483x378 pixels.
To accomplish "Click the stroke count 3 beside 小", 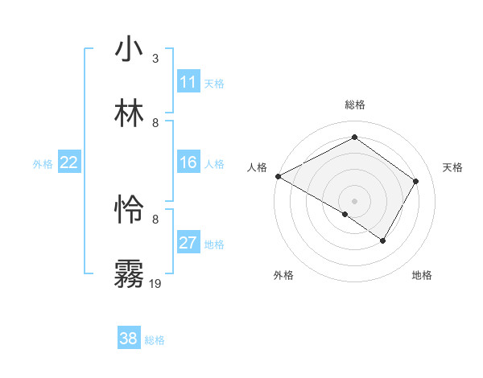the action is (155, 59).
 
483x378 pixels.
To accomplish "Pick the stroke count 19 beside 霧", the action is (155, 283).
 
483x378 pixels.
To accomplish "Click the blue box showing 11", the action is (188, 82).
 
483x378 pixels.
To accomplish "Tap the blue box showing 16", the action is (188, 162).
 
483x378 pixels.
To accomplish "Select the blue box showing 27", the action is (188, 243).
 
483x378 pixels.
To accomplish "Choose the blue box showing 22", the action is (69, 162).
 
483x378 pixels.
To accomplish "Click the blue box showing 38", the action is (129, 339).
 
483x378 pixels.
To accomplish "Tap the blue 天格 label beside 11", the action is (214, 83).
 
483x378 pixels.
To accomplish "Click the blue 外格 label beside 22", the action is (43, 163).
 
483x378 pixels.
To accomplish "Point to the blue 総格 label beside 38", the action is (155, 340).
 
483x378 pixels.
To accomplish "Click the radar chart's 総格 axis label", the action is (355, 105).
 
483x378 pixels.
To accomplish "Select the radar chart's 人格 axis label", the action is (257, 167).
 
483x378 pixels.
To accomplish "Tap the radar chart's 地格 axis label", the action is (422, 275).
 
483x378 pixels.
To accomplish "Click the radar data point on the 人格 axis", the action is (278, 176).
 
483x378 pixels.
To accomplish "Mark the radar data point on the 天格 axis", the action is (416, 181).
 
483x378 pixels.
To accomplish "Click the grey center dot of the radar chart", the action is (354, 200).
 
